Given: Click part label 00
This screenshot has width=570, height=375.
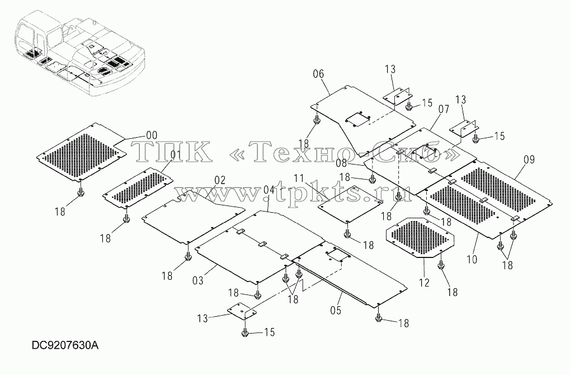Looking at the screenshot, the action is tap(151, 135).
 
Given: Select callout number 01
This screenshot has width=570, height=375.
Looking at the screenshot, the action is tap(176, 154).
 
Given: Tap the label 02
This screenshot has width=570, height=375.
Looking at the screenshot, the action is tap(220, 180).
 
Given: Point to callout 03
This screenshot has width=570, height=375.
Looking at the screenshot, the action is tap(198, 280).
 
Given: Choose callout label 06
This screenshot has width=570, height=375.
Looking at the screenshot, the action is tap(318, 74).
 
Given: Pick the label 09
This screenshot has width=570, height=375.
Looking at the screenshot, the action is tap(529, 160).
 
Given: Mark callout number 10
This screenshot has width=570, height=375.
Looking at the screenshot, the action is tap(472, 259).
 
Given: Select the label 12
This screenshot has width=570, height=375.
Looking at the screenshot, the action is tap(424, 283).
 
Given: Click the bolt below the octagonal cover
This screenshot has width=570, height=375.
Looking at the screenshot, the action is tap(441, 264).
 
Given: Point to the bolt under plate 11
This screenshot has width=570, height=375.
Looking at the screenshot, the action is tap(347, 233).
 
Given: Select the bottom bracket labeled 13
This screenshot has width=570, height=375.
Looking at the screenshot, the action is tap(242, 311).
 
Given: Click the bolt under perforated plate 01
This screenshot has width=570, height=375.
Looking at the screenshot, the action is tap(126, 218).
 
